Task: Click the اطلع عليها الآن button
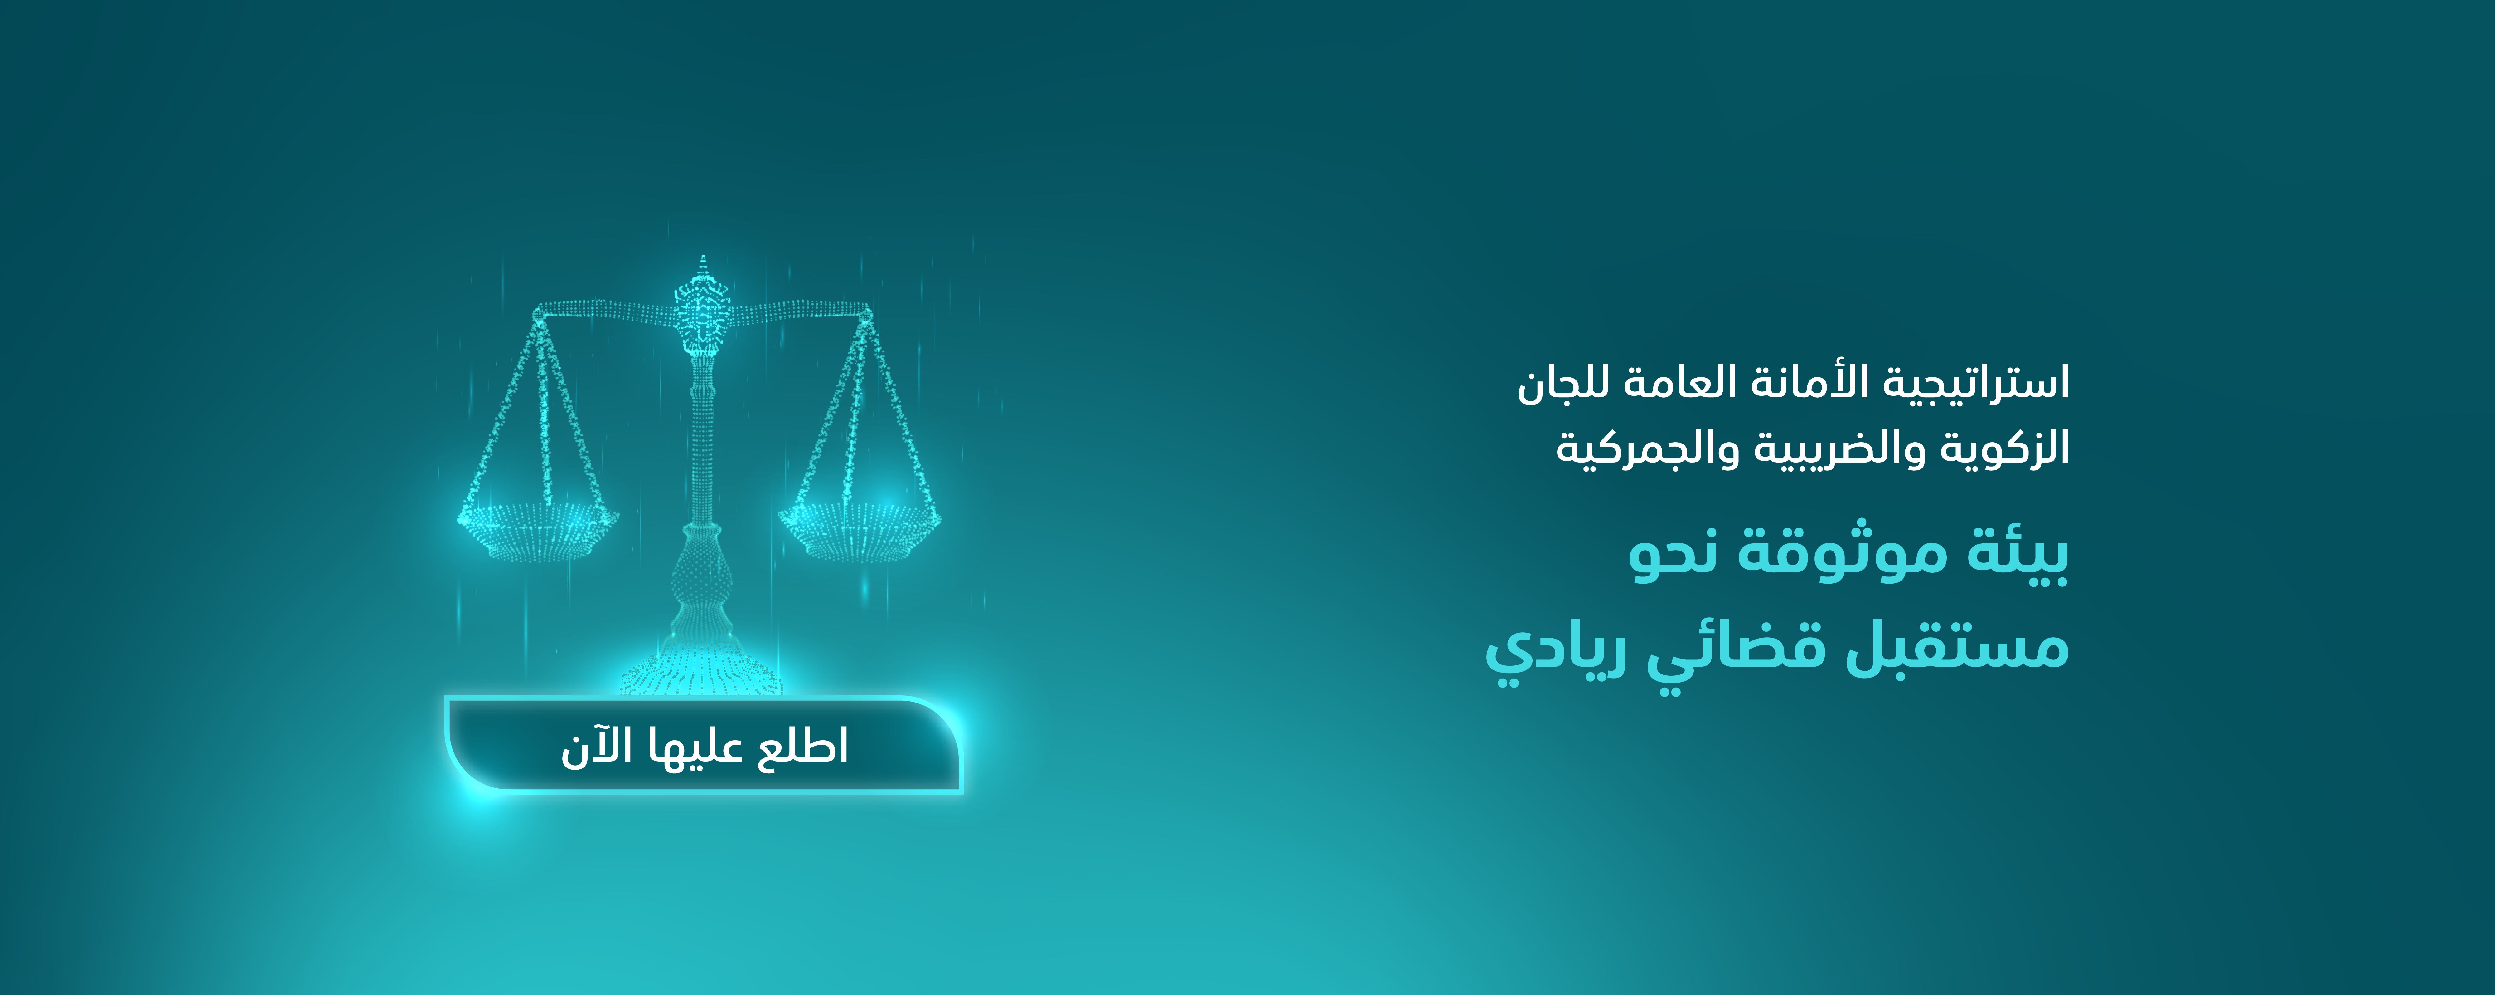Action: point(704,744)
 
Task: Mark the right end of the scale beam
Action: point(865,312)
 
